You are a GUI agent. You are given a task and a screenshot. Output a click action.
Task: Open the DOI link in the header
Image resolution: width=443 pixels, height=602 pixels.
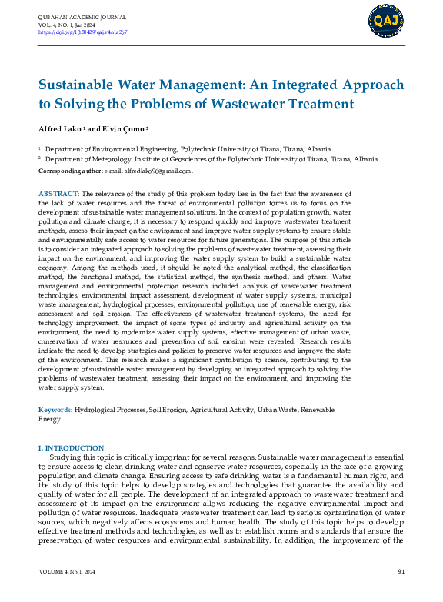[x=82, y=33]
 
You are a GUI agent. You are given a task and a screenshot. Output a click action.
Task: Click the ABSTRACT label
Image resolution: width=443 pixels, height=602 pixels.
[x=58, y=192]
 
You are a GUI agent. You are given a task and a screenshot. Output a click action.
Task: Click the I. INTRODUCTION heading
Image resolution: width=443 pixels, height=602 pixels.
[x=71, y=447]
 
